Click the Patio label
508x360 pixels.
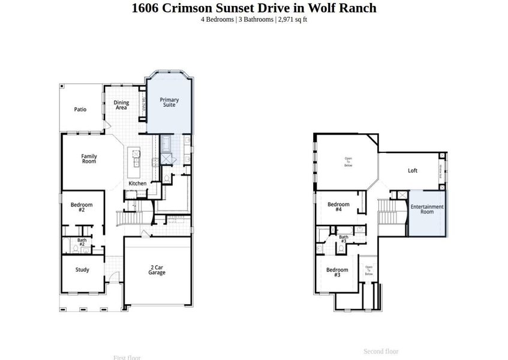click(x=80, y=109)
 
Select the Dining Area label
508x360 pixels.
click(x=121, y=105)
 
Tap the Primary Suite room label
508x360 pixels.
click(x=170, y=102)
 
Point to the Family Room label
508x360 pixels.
click(x=89, y=159)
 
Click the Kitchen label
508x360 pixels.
click(x=137, y=183)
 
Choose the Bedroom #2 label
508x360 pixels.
click(x=82, y=208)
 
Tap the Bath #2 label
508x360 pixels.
click(x=82, y=242)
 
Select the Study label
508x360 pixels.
click(x=82, y=269)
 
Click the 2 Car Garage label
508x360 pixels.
click(x=157, y=270)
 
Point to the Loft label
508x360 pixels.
click(x=413, y=170)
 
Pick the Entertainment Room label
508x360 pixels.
click(x=427, y=209)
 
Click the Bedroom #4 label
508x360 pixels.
click(x=338, y=207)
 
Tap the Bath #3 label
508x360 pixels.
click(x=344, y=239)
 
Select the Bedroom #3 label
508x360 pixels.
click(x=337, y=272)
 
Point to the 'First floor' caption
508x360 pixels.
click(x=127, y=358)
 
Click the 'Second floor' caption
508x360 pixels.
click(x=381, y=351)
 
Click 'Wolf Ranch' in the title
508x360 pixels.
click(x=345, y=8)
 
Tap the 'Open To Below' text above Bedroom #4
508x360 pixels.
click(x=348, y=161)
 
